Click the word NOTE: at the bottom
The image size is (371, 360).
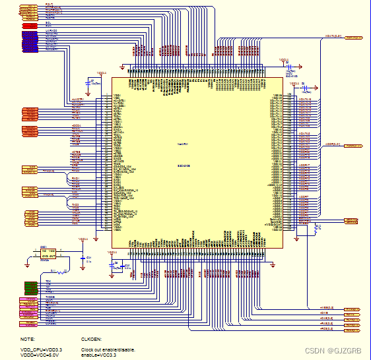point(28,339)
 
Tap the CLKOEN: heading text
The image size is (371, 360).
point(92,339)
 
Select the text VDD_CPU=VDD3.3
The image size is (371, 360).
point(41,349)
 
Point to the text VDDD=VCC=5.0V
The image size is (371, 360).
point(40,355)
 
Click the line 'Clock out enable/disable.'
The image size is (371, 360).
point(108,349)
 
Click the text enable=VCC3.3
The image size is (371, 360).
point(100,355)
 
